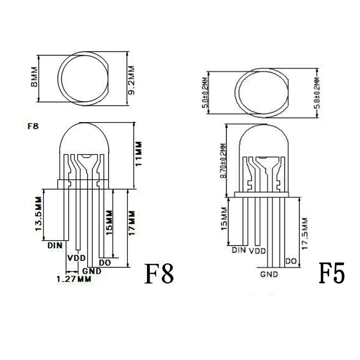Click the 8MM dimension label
tap(34, 77)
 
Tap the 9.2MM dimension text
tap(131, 80)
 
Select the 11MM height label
tap(139, 154)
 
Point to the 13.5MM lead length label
tap(39, 214)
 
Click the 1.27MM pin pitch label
tap(74, 279)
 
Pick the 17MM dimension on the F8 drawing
tap(132, 223)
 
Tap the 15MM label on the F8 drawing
tap(109, 222)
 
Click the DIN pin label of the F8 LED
tap(55, 246)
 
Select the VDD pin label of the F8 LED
tap(76, 258)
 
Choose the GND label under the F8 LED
tap(91, 271)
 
